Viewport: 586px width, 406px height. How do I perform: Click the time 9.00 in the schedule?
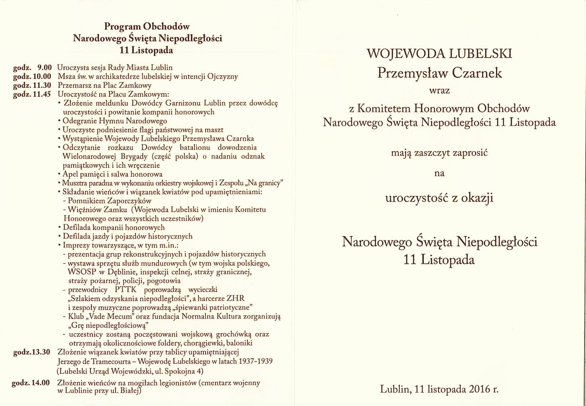tap(44, 68)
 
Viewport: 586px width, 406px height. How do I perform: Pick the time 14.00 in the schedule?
tap(41, 383)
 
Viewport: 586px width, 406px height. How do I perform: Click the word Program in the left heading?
tap(122, 27)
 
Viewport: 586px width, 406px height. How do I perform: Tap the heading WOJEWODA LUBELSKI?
tap(439, 54)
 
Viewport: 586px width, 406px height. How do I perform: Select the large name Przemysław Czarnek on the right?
tap(439, 73)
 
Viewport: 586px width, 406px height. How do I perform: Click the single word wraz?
tap(439, 91)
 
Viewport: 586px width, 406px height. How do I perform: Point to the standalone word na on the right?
tap(439, 173)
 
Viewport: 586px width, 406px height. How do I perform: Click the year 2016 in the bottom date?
tap(479, 389)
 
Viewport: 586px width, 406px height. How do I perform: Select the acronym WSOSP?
tap(82, 272)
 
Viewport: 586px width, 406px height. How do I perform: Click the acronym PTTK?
tap(126, 290)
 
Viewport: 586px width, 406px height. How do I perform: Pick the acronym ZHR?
tap(235, 299)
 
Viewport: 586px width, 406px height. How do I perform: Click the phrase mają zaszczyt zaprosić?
tap(439, 153)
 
